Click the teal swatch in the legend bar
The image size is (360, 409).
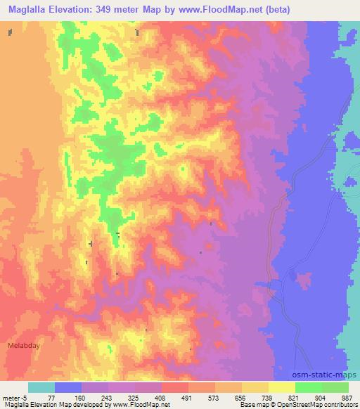(41, 387)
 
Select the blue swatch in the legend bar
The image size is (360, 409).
(68, 387)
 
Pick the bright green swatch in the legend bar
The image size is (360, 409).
(309, 387)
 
